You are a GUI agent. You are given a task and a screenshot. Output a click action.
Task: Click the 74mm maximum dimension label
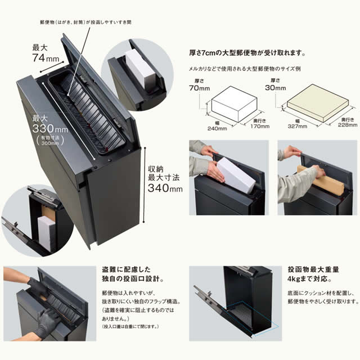click(x=46, y=58)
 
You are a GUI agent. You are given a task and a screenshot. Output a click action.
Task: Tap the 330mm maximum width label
click(x=50, y=128)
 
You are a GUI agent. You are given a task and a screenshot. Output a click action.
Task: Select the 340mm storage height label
click(x=165, y=188)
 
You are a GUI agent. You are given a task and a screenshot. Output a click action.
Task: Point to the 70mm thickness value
click(x=199, y=88)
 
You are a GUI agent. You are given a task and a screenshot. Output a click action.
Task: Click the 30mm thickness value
click(x=275, y=88)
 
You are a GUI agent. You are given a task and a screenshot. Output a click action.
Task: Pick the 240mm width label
click(x=217, y=128)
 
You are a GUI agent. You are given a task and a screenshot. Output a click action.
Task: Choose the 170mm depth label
click(x=260, y=126)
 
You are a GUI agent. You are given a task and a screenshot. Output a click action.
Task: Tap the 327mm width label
click(x=298, y=126)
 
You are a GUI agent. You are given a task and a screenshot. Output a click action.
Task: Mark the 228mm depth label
click(x=348, y=125)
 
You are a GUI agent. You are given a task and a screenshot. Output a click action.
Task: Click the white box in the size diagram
click(x=234, y=103)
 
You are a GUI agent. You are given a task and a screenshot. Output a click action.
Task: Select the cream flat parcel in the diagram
click(x=318, y=103)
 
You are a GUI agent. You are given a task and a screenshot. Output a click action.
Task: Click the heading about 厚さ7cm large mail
click(x=247, y=53)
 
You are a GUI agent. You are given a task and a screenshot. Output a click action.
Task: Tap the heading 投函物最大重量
click(x=313, y=269)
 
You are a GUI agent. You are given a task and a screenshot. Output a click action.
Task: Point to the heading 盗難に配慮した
click(x=126, y=269)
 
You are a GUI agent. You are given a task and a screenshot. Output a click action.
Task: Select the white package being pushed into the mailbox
click(x=236, y=175)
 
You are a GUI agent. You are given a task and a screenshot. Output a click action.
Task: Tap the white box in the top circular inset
click(x=139, y=69)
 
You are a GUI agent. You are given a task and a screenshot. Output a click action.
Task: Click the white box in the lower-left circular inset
click(x=46, y=233)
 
